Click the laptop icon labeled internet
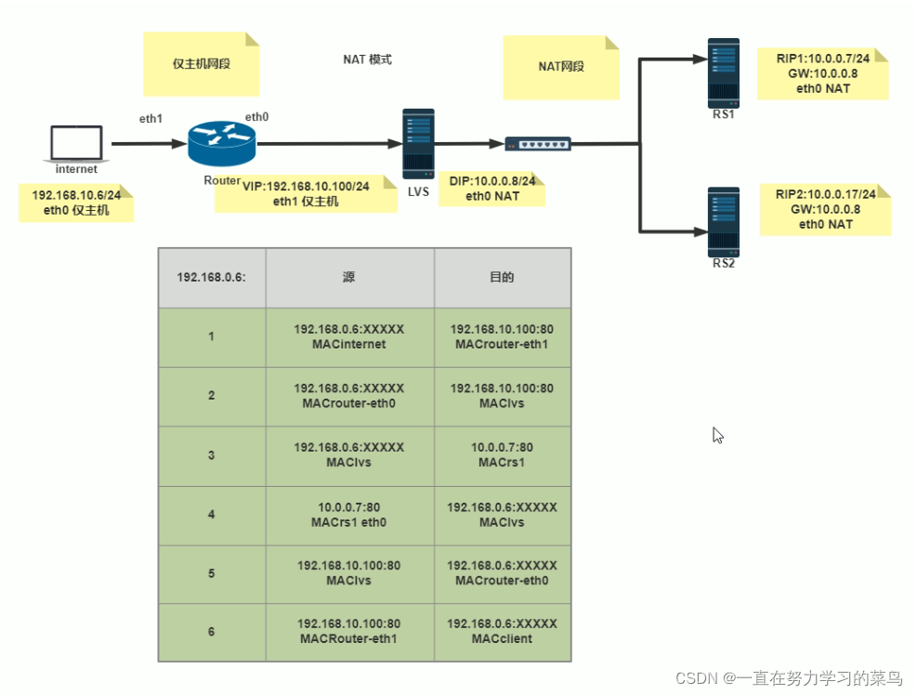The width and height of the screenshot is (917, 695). click(x=76, y=144)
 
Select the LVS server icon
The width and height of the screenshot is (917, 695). click(x=417, y=143)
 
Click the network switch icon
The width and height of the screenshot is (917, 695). click(x=538, y=144)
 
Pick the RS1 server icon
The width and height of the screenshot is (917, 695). click(x=723, y=71)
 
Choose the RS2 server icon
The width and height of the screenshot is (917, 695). click(x=723, y=222)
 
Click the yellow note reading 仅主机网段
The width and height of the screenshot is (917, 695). click(x=201, y=64)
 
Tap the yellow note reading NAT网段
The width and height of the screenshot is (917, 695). click(x=561, y=67)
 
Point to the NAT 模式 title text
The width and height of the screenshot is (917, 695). click(x=367, y=59)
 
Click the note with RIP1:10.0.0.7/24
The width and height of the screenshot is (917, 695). click(x=821, y=73)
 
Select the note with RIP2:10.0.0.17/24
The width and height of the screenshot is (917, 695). click(x=825, y=209)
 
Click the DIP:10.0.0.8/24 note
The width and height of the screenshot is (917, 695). click(x=491, y=189)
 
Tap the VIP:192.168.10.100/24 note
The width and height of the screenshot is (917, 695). click(x=306, y=193)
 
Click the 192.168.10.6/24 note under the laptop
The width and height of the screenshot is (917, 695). click(x=76, y=203)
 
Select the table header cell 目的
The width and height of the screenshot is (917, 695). click(x=502, y=278)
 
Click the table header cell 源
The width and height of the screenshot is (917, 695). click(x=349, y=278)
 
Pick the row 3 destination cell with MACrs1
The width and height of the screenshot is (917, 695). click(x=502, y=455)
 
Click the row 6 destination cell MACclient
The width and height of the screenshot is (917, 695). click(x=502, y=633)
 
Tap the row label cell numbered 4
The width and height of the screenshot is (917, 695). click(x=212, y=515)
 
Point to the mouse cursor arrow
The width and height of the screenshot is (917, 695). click(x=717, y=435)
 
